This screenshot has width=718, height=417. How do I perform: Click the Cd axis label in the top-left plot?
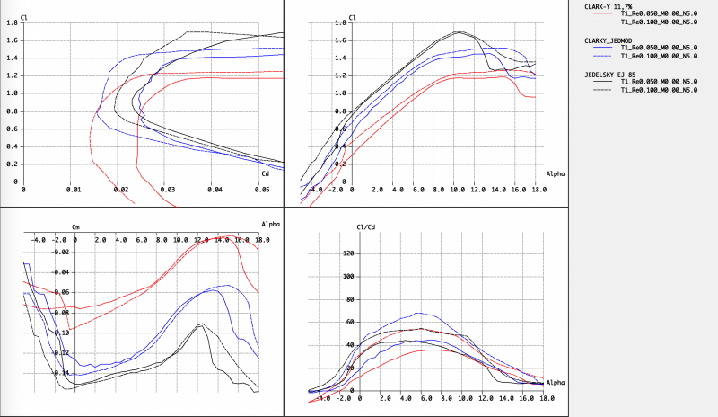point(265,173)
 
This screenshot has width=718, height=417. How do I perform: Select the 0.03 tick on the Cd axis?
point(166,190)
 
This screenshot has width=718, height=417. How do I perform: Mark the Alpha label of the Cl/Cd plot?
point(556,382)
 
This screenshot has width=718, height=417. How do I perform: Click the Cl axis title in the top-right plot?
point(353,16)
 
